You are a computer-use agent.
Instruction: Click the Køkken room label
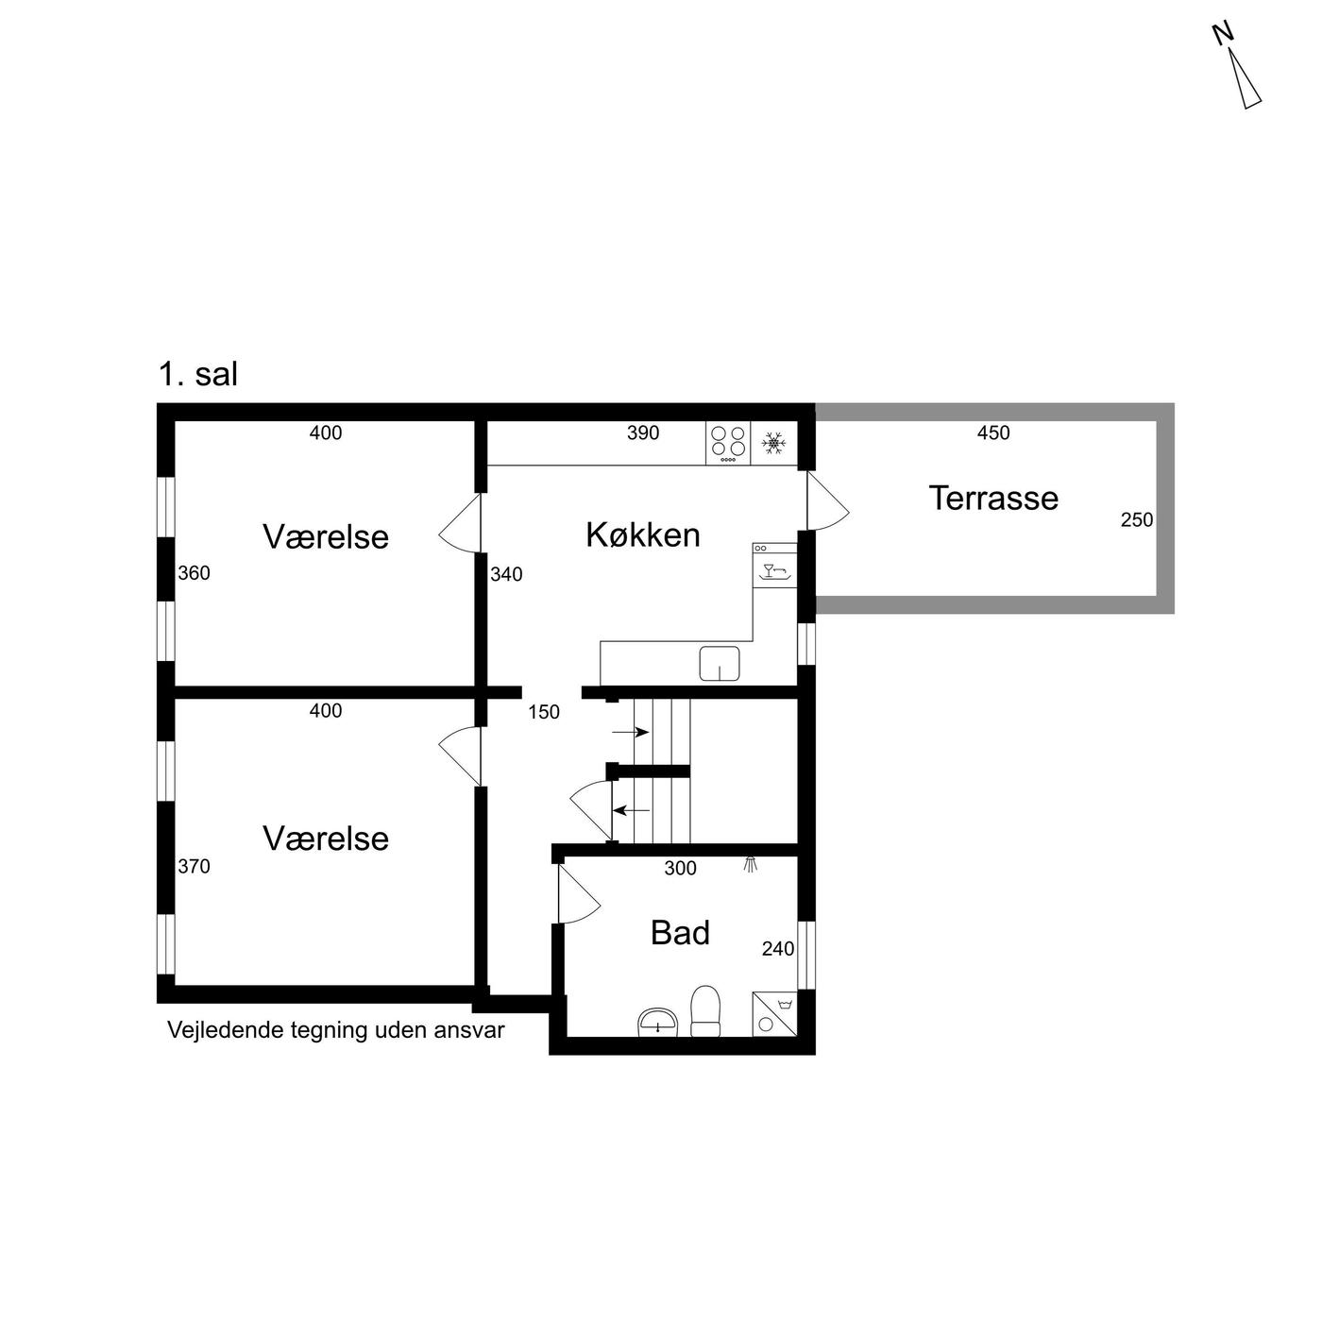[643, 535]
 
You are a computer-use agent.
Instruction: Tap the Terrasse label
[993, 498]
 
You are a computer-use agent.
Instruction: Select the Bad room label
[680, 933]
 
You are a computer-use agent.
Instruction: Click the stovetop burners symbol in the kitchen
[728, 443]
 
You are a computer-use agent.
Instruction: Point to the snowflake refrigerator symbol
[774, 443]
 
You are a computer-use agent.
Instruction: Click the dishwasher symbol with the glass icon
[774, 565]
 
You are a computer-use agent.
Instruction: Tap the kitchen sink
[720, 664]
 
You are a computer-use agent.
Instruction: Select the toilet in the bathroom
[704, 1011]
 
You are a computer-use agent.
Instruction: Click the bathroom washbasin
[658, 1023]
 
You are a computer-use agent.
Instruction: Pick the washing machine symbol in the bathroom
[775, 1014]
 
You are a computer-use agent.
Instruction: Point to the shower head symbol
[751, 864]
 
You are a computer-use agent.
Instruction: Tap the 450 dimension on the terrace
[993, 432]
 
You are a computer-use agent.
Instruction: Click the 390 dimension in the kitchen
[643, 432]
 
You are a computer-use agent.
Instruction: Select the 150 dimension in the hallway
[544, 712]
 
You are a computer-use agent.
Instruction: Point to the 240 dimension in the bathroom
[778, 949]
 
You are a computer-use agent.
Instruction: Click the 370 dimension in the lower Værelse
[195, 867]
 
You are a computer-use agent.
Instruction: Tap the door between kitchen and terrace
[827, 500]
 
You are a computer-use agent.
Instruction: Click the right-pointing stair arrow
[631, 732]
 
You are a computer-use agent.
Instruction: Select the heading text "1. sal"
[198, 375]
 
